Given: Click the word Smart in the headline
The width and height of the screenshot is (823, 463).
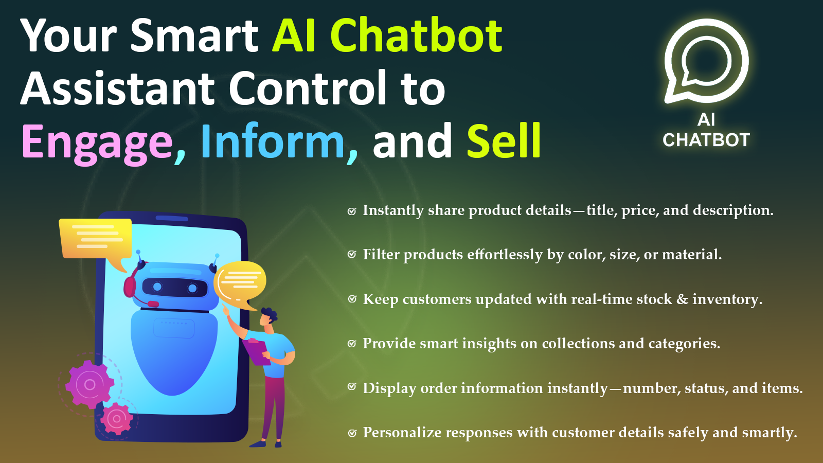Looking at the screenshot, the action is tap(194, 35).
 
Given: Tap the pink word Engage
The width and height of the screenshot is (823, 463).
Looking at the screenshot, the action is tap(97, 144).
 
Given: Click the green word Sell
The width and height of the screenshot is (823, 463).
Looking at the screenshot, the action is tap(504, 140).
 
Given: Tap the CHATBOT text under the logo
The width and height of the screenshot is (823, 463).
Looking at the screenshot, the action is tap(706, 140).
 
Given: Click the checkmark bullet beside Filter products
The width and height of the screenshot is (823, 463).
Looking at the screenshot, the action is tap(352, 254).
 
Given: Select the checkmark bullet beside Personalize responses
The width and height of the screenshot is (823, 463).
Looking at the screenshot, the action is tap(352, 433).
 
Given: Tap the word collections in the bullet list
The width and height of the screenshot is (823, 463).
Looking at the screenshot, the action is tap(578, 343).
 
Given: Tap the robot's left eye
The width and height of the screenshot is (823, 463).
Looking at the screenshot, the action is tap(157, 286).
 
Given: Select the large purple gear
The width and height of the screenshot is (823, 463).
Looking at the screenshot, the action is tap(90, 384).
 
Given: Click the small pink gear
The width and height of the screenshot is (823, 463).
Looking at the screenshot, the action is tap(116, 419).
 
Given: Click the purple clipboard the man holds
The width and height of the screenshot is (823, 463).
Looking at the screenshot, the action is tap(257, 352).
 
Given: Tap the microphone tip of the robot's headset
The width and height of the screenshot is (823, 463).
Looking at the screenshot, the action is tap(153, 304).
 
